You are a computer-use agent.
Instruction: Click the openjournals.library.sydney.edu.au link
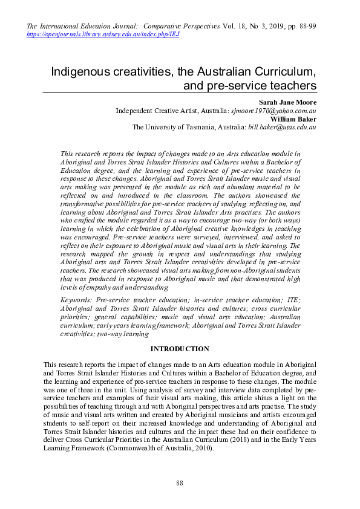point(103,34)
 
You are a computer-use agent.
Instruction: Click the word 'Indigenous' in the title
point(80,71)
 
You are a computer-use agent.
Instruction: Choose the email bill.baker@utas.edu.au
point(283,128)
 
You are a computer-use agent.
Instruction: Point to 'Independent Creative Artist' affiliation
point(156,111)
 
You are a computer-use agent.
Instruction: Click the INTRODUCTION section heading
point(180,349)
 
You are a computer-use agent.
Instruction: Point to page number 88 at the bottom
point(180,482)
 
